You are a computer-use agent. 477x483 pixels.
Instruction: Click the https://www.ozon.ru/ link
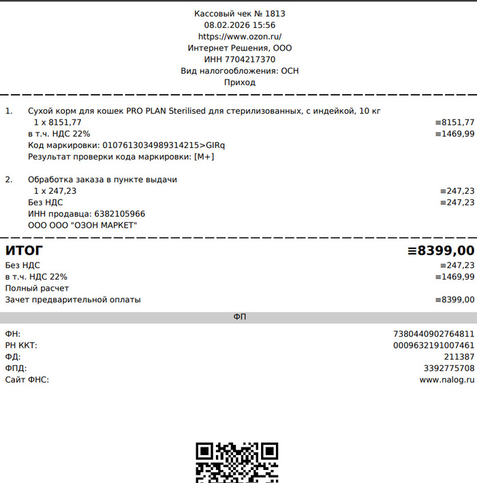tap(240, 37)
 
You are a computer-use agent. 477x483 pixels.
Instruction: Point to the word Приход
tap(240, 83)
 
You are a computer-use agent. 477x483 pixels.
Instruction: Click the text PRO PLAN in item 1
tap(146, 111)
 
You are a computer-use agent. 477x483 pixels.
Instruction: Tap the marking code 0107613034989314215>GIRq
tap(163, 145)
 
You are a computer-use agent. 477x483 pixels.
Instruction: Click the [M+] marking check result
tap(204, 157)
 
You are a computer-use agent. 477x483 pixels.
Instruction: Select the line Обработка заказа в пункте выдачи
tap(102, 180)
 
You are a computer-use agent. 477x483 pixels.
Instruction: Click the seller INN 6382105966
tap(119, 214)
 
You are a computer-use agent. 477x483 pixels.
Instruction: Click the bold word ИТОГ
tap(24, 250)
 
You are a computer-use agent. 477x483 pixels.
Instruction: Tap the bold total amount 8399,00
tap(445, 250)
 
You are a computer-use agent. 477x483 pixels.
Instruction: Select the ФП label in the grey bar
tap(239, 318)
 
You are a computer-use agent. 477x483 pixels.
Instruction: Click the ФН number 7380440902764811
tap(433, 334)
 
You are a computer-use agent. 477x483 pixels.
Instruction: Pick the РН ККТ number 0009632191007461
tap(433, 345)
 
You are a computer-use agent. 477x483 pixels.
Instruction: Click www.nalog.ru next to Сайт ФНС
tap(446, 380)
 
